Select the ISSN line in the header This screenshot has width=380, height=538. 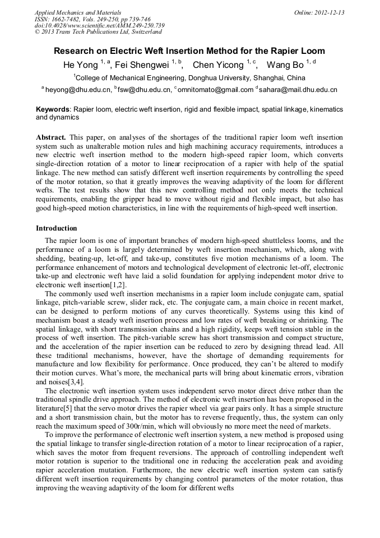click(92, 19)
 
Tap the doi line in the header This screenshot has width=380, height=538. click(99, 25)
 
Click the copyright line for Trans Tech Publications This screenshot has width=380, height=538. click(98, 32)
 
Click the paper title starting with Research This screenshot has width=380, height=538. click(189, 51)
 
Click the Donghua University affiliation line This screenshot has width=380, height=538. click(191, 78)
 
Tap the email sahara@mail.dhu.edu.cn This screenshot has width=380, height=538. click(298, 90)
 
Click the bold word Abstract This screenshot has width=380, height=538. click(51, 137)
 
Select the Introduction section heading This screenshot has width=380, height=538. click(57, 228)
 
